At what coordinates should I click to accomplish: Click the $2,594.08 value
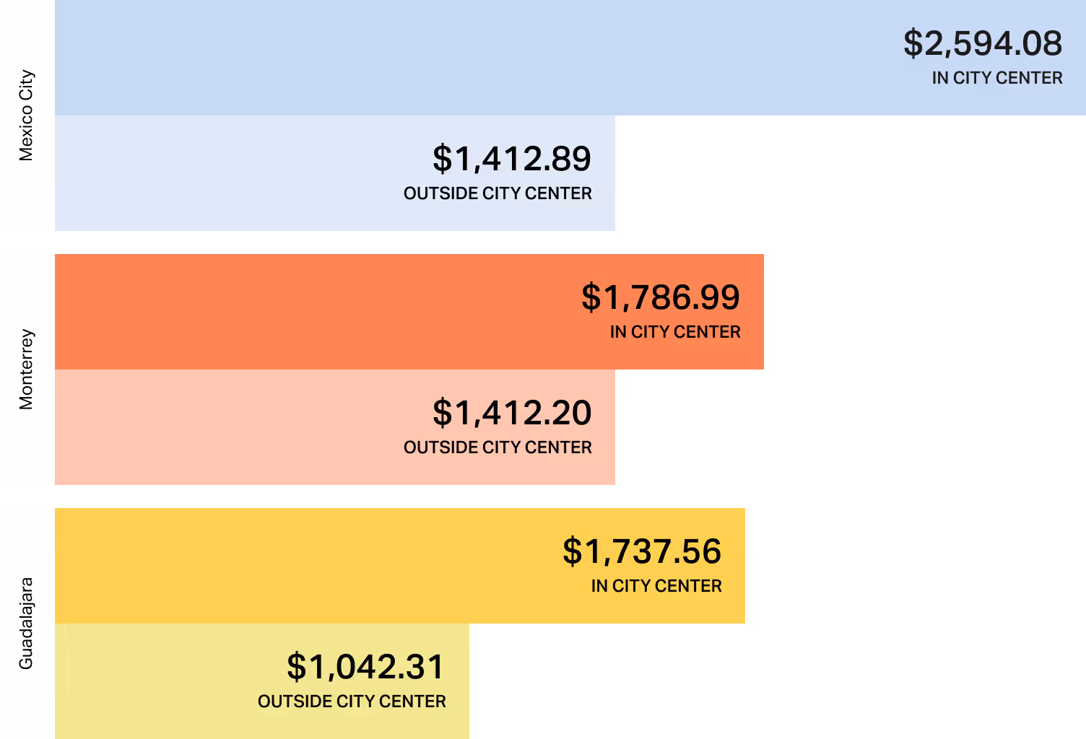[x=983, y=43]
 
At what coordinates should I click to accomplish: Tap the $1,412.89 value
[x=512, y=159]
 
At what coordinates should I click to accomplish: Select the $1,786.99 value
[x=661, y=297]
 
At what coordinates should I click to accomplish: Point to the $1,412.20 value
[x=512, y=413]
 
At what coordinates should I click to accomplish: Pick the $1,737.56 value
[x=642, y=551]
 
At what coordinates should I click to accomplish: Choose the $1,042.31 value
[x=366, y=667]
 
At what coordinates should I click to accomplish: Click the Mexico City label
[x=26, y=115]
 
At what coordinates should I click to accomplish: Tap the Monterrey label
[x=26, y=369]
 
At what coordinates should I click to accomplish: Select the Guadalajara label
[x=26, y=624]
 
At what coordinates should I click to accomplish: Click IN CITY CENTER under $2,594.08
[x=997, y=78]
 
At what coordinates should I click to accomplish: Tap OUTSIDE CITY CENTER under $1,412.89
[x=498, y=193]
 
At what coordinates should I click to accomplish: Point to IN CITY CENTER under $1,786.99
[x=675, y=332]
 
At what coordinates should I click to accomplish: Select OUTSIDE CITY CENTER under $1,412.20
[x=498, y=447]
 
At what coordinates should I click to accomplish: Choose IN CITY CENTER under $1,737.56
[x=656, y=586]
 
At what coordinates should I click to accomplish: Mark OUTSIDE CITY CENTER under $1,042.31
[x=352, y=701]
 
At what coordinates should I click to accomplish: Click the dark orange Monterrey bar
[x=289, y=312]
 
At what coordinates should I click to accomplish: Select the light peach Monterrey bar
[x=217, y=427]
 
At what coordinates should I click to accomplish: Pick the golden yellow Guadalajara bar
[x=289, y=566]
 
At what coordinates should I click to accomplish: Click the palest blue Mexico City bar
[x=217, y=173]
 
